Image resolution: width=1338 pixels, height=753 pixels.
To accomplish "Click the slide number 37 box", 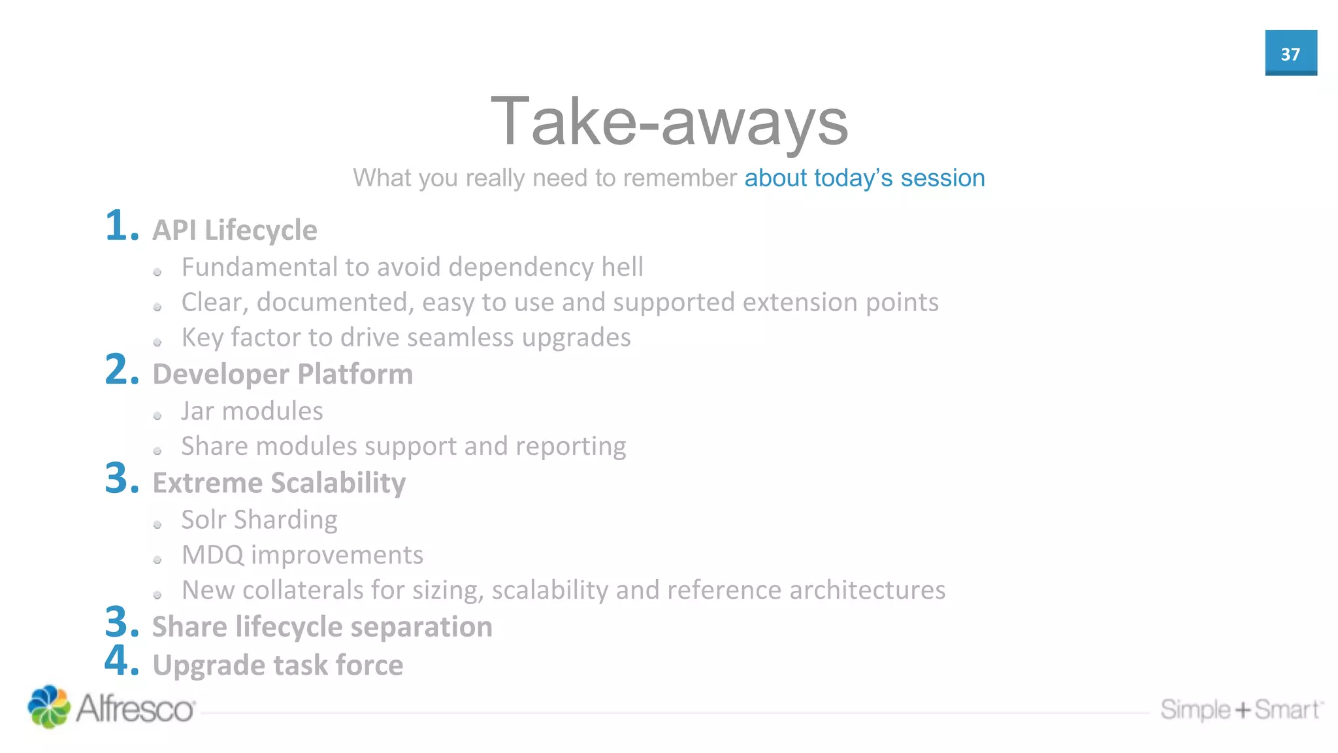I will click(x=1290, y=53).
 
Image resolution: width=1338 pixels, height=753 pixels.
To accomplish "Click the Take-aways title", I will click(x=669, y=122).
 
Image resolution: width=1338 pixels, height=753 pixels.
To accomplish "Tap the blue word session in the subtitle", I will click(x=942, y=178).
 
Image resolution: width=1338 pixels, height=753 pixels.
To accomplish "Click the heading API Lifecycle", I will click(x=235, y=230).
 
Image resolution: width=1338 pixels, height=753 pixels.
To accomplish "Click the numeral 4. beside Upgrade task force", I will click(x=122, y=660).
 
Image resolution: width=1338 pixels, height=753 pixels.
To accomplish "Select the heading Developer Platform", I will click(x=282, y=374).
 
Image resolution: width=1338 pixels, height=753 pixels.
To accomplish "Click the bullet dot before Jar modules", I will click(x=157, y=416).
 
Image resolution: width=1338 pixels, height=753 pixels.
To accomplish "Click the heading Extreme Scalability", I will click(x=279, y=483).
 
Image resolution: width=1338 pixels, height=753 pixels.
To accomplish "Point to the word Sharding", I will click(x=286, y=520).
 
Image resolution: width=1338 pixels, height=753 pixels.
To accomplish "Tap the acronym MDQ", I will click(x=212, y=555).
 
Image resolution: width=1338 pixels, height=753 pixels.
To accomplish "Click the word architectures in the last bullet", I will click(x=867, y=590).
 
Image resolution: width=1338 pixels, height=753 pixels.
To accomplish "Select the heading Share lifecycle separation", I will click(x=322, y=627).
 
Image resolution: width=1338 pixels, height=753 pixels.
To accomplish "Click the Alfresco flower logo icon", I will click(x=48, y=707).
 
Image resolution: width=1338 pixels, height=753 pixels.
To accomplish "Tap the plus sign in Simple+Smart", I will click(x=1242, y=710).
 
